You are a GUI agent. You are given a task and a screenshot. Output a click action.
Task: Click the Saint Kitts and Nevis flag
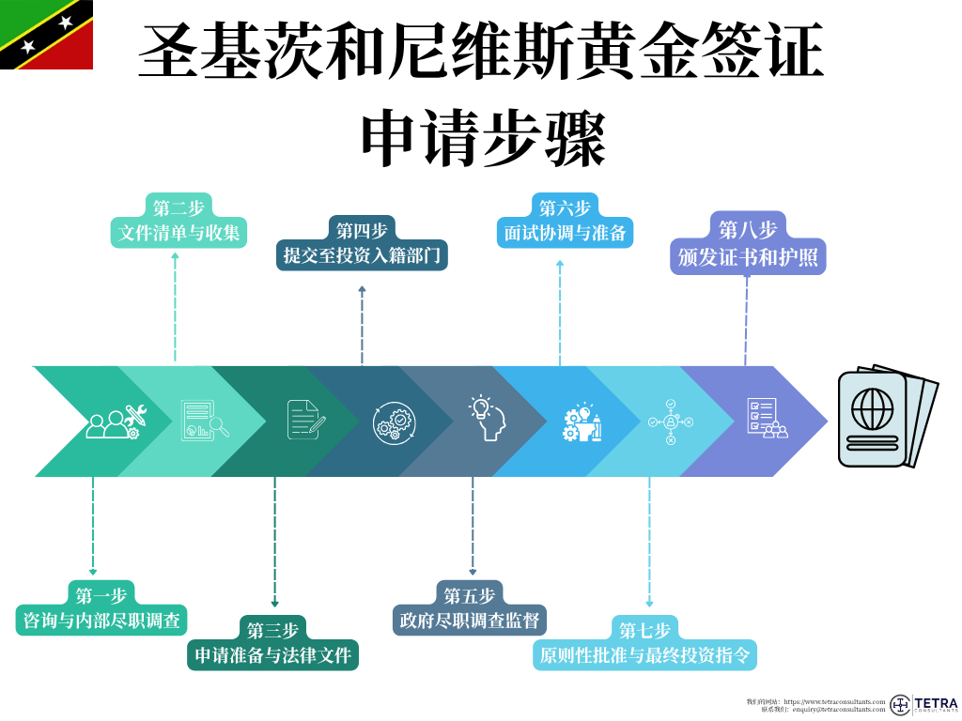click(46, 35)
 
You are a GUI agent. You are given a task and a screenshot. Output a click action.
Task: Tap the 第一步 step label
click(101, 594)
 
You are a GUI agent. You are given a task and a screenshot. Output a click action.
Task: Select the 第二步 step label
click(178, 207)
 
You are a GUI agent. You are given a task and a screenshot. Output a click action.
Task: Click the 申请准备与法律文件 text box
click(273, 654)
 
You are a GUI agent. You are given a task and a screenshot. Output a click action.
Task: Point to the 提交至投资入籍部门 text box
click(362, 255)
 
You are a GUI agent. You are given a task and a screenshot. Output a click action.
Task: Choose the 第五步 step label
click(470, 595)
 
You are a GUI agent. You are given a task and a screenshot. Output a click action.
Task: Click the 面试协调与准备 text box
click(565, 232)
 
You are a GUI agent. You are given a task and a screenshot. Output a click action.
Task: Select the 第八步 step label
click(748, 228)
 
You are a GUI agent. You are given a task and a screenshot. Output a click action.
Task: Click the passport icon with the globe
click(886, 417)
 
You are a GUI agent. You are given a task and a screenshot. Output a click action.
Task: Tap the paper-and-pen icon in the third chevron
click(305, 419)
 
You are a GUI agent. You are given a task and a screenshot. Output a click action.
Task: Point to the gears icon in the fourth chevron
click(393, 422)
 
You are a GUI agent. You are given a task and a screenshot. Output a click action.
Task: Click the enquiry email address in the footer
click(838, 710)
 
